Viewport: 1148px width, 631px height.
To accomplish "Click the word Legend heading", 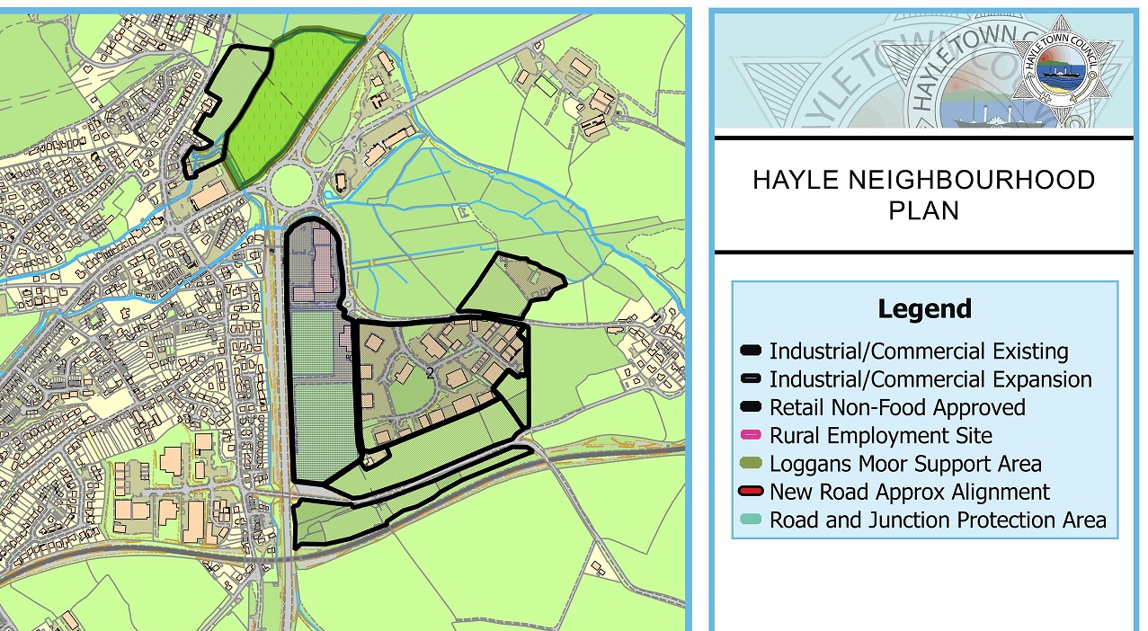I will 925,309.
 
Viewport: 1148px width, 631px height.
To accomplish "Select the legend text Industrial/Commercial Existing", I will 919,351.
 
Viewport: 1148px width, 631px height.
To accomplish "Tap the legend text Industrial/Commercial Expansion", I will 930,379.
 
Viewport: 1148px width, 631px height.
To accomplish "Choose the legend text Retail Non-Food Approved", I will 897,407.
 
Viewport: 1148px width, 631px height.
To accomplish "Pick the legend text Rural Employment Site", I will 881,436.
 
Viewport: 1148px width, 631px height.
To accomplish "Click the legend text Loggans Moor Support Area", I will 905,464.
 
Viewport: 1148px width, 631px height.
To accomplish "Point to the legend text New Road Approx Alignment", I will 910,492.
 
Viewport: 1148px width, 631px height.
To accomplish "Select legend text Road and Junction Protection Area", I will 938,520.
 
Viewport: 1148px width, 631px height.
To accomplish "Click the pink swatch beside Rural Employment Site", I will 752,436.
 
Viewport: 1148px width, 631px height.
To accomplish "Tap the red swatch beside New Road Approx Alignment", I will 752,492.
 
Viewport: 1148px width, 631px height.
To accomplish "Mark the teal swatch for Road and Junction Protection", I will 752,520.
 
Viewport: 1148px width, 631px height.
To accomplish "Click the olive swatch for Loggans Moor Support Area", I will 752,464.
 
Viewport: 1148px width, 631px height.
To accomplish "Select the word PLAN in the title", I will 923,210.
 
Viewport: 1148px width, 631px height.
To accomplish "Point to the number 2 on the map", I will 431,372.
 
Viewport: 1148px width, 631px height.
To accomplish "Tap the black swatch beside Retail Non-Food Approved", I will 752,407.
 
